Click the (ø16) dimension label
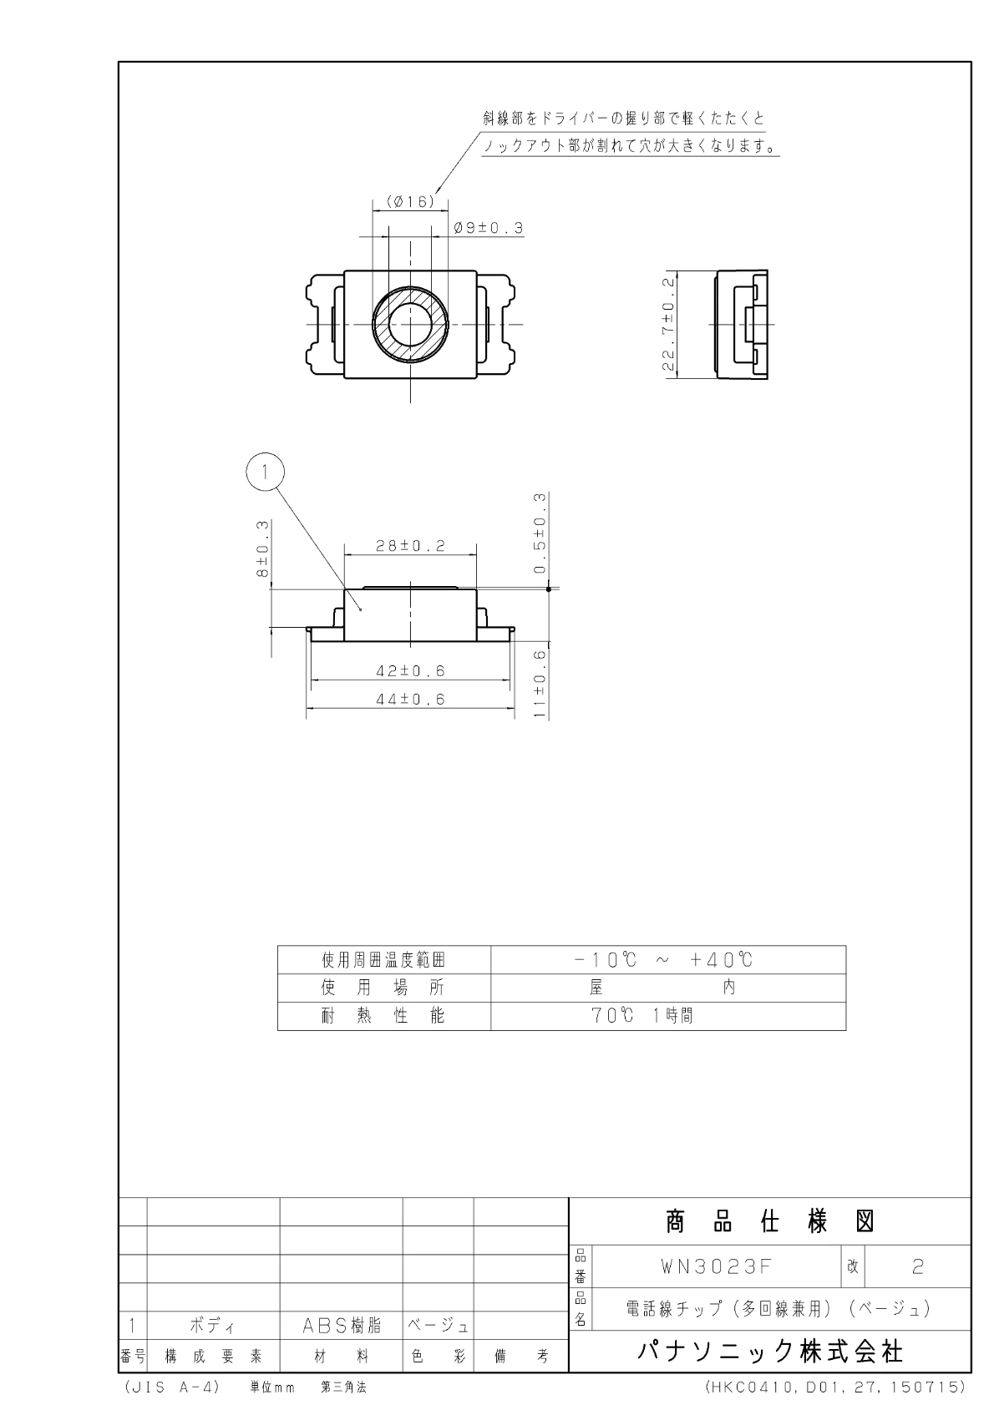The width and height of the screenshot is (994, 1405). pos(410,201)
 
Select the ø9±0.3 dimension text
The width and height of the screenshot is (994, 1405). pos(488,228)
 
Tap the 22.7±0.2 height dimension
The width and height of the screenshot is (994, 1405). pos(668,324)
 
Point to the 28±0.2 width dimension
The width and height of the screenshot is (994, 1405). pos(410,546)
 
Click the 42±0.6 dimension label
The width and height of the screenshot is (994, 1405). pos(410,670)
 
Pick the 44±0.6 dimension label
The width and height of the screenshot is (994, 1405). pos(410,699)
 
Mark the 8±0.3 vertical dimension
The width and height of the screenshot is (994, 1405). pos(262,548)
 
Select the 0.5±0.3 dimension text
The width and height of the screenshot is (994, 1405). pos(540,533)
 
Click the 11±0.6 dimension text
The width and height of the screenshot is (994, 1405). pos(540,684)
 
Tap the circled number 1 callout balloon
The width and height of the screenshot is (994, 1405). pos(265,472)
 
